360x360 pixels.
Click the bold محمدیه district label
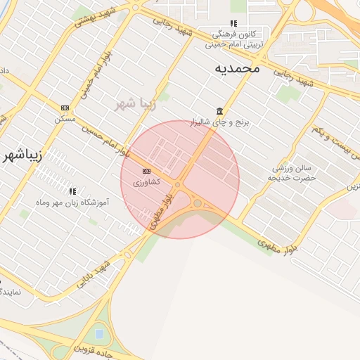click(237, 68)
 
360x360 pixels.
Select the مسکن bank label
click(65, 119)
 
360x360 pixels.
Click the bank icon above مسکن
click(65, 108)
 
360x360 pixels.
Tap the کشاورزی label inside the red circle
click(146, 182)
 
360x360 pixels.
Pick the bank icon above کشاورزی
click(146, 171)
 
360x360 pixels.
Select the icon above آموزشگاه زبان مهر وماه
click(72, 191)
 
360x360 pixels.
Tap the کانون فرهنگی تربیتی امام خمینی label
click(234, 38)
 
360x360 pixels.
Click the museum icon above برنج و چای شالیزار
click(220, 111)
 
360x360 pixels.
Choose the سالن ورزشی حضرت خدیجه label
click(293, 173)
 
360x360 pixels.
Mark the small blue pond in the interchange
click(98, 333)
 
